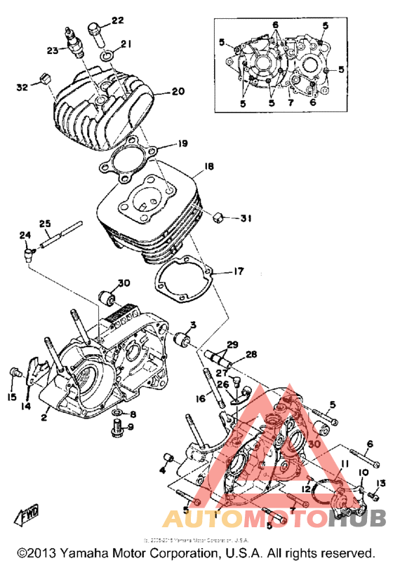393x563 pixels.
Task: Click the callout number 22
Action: tap(116, 20)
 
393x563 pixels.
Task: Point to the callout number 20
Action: tap(178, 92)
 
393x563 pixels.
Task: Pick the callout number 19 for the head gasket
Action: tap(182, 144)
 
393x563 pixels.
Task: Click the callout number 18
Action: tap(208, 167)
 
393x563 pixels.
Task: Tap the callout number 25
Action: tap(45, 224)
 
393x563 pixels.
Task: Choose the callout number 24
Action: tap(25, 235)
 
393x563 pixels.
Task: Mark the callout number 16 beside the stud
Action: tap(200, 398)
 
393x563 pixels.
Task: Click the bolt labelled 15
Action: tap(13, 372)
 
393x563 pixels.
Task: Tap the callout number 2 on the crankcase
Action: tap(44, 418)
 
